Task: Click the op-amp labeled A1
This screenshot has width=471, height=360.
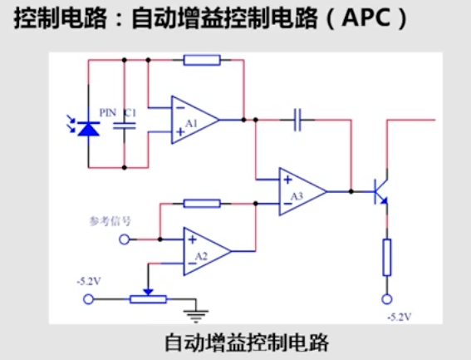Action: click(194, 120)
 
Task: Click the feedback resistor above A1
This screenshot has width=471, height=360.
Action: click(201, 60)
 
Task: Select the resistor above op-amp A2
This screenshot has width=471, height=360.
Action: click(201, 203)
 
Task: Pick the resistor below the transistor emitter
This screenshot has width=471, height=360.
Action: click(386, 257)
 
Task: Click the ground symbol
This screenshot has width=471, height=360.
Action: click(195, 314)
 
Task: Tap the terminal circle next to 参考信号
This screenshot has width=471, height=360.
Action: click(125, 239)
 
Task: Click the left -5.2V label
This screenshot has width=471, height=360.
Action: click(87, 281)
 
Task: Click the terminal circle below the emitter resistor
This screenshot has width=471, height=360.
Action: click(386, 299)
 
